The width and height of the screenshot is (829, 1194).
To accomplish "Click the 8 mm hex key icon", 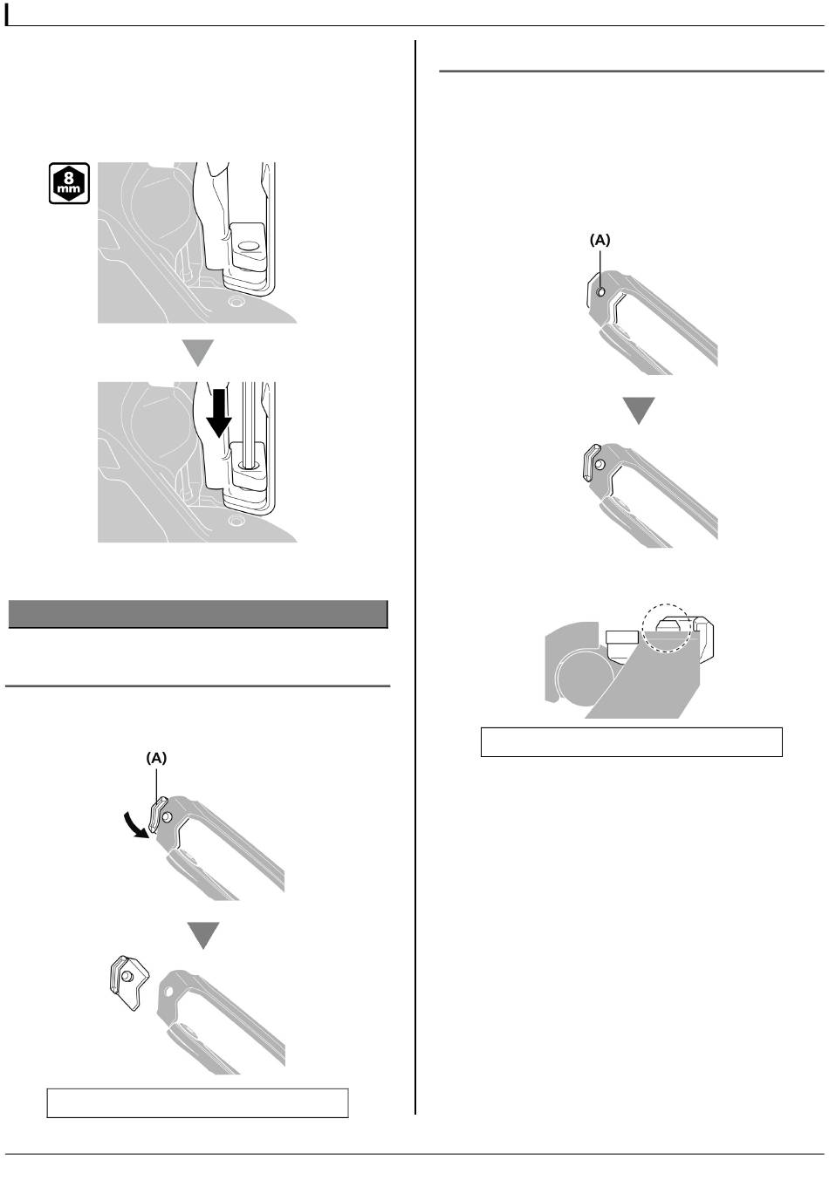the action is (69, 183).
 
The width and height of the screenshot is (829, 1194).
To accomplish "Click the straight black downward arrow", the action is (219, 413).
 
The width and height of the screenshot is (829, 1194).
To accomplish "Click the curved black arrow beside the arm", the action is (136, 824).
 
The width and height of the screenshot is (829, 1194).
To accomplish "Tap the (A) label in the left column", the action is (156, 758).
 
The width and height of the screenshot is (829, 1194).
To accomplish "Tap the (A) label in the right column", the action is (599, 241).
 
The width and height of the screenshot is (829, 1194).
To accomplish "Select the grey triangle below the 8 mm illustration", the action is (198, 352).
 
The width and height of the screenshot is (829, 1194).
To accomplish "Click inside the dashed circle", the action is (667, 629).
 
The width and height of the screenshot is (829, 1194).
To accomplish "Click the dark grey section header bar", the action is (198, 614).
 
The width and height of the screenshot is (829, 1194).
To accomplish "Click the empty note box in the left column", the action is (198, 1103).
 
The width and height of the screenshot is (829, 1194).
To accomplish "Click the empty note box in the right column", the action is (632, 742).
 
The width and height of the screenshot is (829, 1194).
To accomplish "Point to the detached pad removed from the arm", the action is (128, 983).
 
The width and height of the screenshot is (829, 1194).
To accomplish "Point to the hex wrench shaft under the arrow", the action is (248, 424).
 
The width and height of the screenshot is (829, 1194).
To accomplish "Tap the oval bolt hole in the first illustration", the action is (249, 246).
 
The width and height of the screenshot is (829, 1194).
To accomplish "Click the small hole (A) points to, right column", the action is (601, 291).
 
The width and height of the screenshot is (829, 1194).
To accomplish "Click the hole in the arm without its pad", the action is (168, 992).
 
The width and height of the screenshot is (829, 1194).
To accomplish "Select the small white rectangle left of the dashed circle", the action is (622, 637).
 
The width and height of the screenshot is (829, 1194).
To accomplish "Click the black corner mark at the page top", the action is (7, 15).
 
